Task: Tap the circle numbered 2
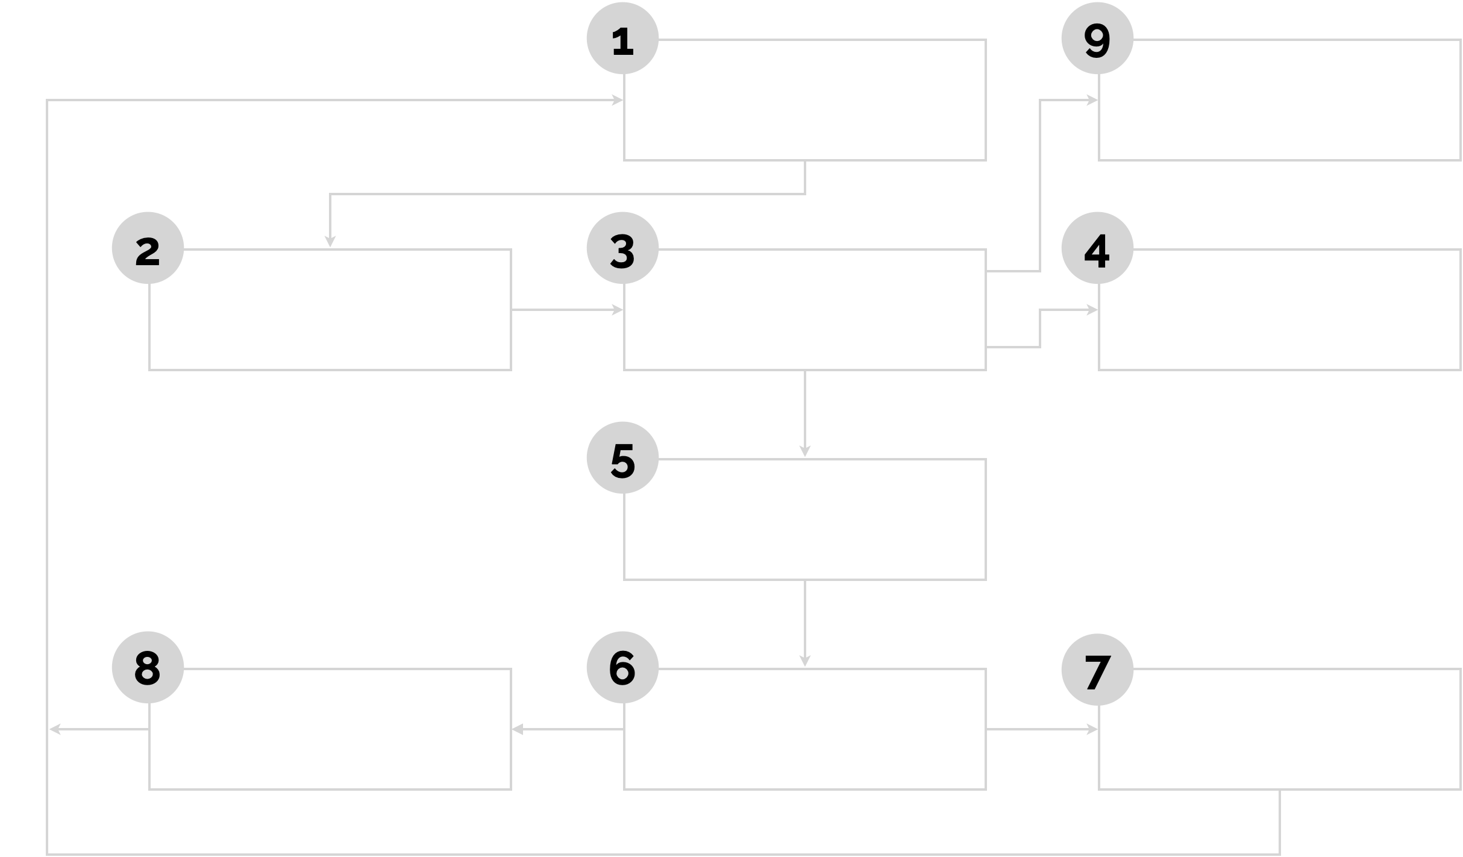[148, 249]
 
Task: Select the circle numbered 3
[622, 249]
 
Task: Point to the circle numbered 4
[1097, 249]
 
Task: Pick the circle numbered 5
[622, 459]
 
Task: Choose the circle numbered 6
[622, 668]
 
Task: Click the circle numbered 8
[148, 668]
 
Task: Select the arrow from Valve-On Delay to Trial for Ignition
[566, 310]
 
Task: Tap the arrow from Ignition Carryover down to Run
[805, 649]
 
